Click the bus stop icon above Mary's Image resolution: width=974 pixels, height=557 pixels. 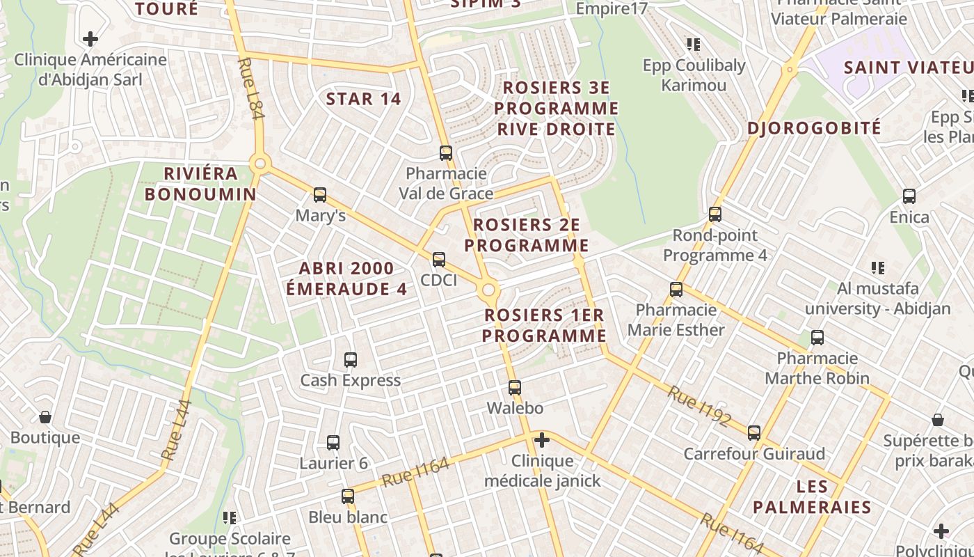[x=320, y=195]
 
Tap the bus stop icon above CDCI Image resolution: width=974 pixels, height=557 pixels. [x=439, y=260]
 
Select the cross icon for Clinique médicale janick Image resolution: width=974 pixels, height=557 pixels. [x=542, y=440]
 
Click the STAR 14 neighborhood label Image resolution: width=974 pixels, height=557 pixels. [x=364, y=99]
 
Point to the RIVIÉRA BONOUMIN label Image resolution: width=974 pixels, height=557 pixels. [x=200, y=184]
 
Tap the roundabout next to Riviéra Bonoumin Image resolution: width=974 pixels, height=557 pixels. [x=260, y=164]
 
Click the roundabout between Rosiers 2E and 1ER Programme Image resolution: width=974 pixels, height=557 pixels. [x=489, y=290]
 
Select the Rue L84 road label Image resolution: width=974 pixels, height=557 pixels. [x=251, y=88]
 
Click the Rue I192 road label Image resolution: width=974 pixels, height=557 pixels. [x=699, y=406]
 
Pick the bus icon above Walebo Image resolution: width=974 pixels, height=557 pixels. [x=515, y=388]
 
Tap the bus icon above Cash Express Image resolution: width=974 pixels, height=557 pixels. [x=351, y=360]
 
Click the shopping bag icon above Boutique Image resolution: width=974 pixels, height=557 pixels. [x=45, y=418]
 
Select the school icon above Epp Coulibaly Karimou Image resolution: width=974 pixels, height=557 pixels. [x=693, y=45]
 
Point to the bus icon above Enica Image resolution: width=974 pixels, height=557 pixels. [x=909, y=196]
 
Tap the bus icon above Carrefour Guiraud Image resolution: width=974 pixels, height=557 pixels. [x=754, y=433]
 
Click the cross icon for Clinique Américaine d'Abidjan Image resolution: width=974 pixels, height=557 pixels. [x=90, y=39]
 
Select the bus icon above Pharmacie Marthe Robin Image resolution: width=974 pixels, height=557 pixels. [x=817, y=338]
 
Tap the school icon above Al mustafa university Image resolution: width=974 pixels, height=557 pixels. [x=878, y=267]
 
